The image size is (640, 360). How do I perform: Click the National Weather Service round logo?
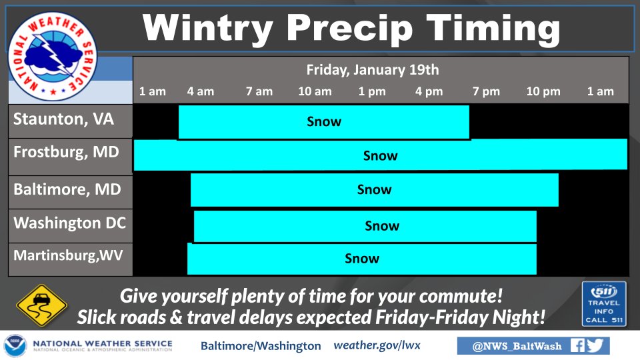[53, 56]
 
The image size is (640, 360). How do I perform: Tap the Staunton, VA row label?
[64, 119]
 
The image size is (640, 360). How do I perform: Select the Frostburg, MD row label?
[66, 152]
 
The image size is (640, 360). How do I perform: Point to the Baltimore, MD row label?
[67, 189]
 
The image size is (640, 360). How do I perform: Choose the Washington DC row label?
[70, 223]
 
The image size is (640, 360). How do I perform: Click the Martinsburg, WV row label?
[68, 255]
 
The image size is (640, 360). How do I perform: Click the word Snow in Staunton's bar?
[324, 121]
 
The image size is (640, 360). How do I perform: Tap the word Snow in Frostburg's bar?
[381, 155]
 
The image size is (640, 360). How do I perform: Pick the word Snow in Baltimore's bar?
[374, 189]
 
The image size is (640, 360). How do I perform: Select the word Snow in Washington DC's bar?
[382, 226]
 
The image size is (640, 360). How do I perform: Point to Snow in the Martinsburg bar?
[362, 259]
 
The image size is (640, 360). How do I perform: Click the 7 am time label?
[259, 91]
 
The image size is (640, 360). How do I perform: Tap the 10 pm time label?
[543, 91]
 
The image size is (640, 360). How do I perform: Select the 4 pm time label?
[429, 91]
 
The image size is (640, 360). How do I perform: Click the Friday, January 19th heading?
[373, 70]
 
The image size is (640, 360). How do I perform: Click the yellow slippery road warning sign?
[41, 305]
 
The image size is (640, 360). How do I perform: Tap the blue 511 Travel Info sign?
[604, 304]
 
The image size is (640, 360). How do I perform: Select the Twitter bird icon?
[595, 346]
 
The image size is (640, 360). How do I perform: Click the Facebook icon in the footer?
[577, 346]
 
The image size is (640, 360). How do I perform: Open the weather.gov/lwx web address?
[377, 346]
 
